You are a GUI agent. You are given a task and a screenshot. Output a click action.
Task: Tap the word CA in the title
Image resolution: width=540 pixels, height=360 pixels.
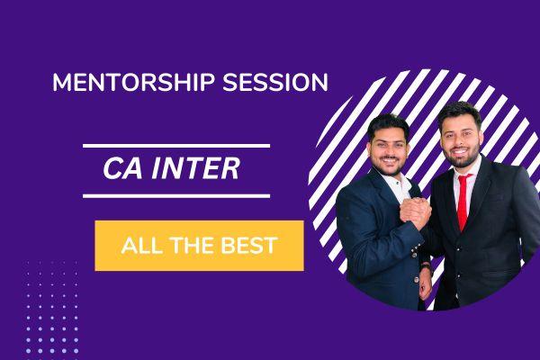(126, 168)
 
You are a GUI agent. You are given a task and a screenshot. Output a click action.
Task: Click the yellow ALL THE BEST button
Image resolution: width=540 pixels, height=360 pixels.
(199, 245)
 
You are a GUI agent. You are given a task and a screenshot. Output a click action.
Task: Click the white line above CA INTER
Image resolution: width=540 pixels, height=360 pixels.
(175, 145)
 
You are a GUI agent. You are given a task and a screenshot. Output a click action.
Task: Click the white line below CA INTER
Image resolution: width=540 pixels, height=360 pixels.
(175, 194)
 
